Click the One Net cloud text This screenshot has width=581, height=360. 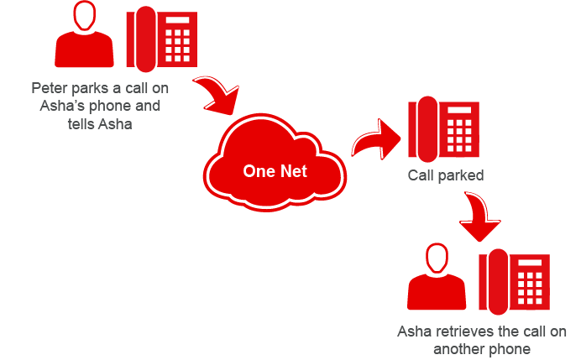point(275,171)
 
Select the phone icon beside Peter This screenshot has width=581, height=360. point(162,39)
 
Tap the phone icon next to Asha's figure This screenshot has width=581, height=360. point(513,280)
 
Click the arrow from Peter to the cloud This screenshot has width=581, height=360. point(217,97)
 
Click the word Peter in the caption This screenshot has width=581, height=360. point(49,87)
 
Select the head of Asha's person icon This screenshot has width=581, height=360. point(436,259)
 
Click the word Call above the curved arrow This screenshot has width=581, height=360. point(421,176)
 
